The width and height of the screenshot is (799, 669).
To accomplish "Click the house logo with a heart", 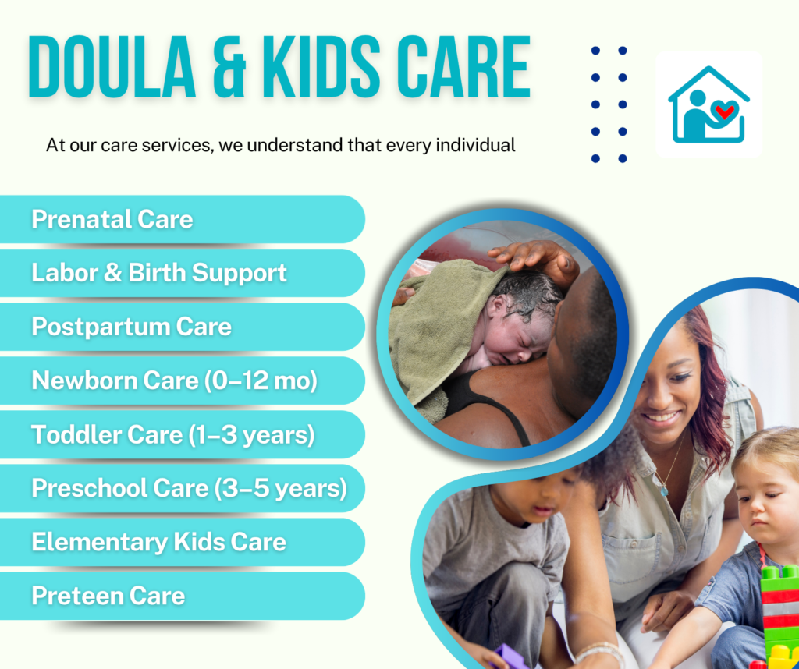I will pyautogui.click(x=708, y=105).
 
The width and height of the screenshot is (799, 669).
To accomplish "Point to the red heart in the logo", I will pyautogui.click(x=723, y=112).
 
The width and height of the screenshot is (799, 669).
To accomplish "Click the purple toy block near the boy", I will pyautogui.click(x=511, y=657).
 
